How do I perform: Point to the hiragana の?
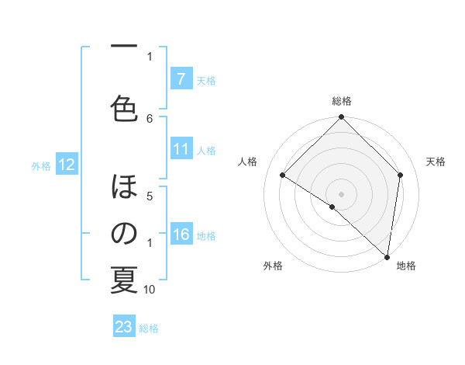pos(124,234)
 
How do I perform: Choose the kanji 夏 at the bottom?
pos(124,280)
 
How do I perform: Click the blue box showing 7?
pos(181,79)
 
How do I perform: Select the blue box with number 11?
pos(181,150)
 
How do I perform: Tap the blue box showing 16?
pos(181,235)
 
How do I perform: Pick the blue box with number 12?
pos(66,165)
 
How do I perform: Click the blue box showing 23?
pos(124,327)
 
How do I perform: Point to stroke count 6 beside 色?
pos(150,118)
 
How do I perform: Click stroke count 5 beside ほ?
pos(150,196)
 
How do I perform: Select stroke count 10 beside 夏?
pos(150,289)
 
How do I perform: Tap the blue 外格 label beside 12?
pos(41,165)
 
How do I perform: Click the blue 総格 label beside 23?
pos(149,328)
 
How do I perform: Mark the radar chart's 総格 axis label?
pos(342,101)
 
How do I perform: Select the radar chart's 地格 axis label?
pos(406,266)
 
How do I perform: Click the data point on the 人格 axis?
pos(283,176)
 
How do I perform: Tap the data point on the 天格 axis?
pos(401,176)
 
